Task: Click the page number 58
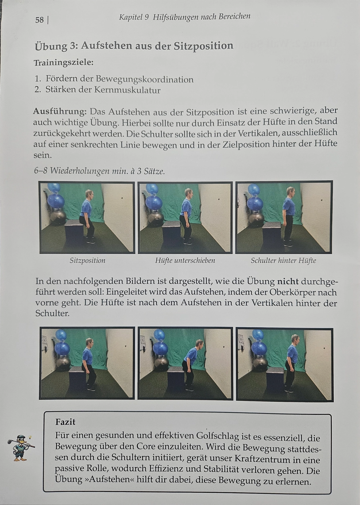(39, 20)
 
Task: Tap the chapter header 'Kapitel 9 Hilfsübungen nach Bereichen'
(185, 17)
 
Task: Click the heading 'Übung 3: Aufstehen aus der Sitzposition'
(134, 46)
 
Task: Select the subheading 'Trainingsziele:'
(63, 63)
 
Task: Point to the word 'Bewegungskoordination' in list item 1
(144, 79)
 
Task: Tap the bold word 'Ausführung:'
(60, 111)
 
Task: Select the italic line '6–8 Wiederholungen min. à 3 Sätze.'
(99, 171)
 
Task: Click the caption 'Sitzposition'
(88, 261)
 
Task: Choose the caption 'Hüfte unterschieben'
(185, 261)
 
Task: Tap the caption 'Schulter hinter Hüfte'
(283, 261)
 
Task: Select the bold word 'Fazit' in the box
(65, 422)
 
